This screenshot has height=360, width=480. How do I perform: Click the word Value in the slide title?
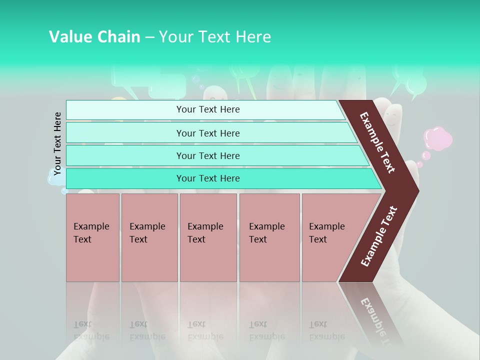point(68,36)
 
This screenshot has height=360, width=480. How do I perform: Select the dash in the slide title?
point(149,37)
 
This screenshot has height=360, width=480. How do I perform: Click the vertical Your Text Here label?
point(57,143)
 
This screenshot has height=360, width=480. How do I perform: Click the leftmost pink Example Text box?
point(92,237)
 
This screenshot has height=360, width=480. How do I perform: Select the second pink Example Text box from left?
point(149,237)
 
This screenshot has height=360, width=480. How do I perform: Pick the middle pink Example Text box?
point(208,237)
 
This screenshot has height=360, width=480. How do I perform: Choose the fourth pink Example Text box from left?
point(269,237)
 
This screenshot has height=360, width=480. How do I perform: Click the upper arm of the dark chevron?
point(378,142)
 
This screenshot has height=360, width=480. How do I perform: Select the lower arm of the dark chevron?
point(378,236)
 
